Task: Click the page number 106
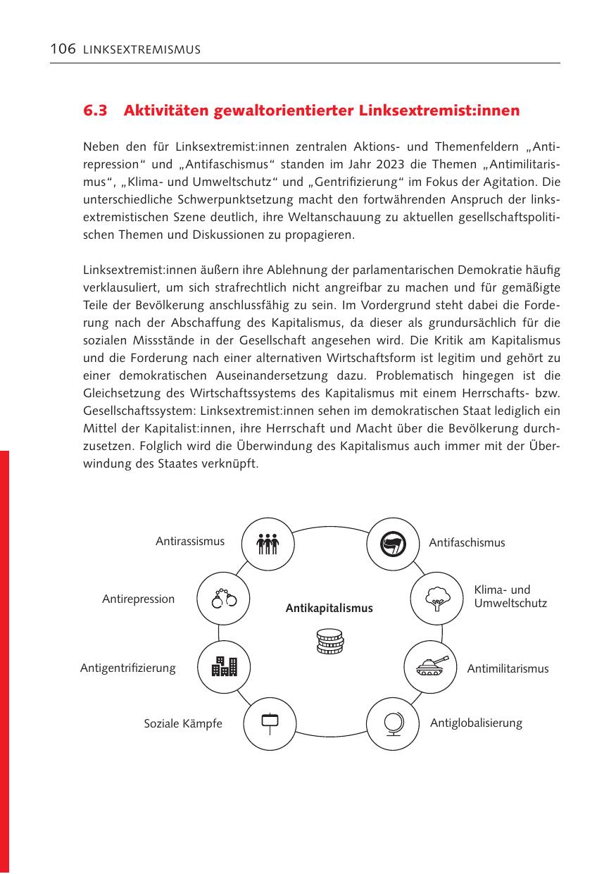click(62, 49)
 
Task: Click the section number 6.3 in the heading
click(96, 111)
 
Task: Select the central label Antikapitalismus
click(329, 608)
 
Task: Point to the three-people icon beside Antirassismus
click(268, 544)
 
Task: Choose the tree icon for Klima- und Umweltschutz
click(436, 599)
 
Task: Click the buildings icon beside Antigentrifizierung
click(225, 666)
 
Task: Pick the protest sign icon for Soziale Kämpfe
click(270, 723)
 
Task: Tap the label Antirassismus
click(190, 542)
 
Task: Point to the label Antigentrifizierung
click(128, 668)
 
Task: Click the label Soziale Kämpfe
click(183, 724)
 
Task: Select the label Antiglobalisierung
click(476, 723)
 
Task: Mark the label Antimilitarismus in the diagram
click(498, 669)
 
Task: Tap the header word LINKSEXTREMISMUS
click(142, 50)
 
